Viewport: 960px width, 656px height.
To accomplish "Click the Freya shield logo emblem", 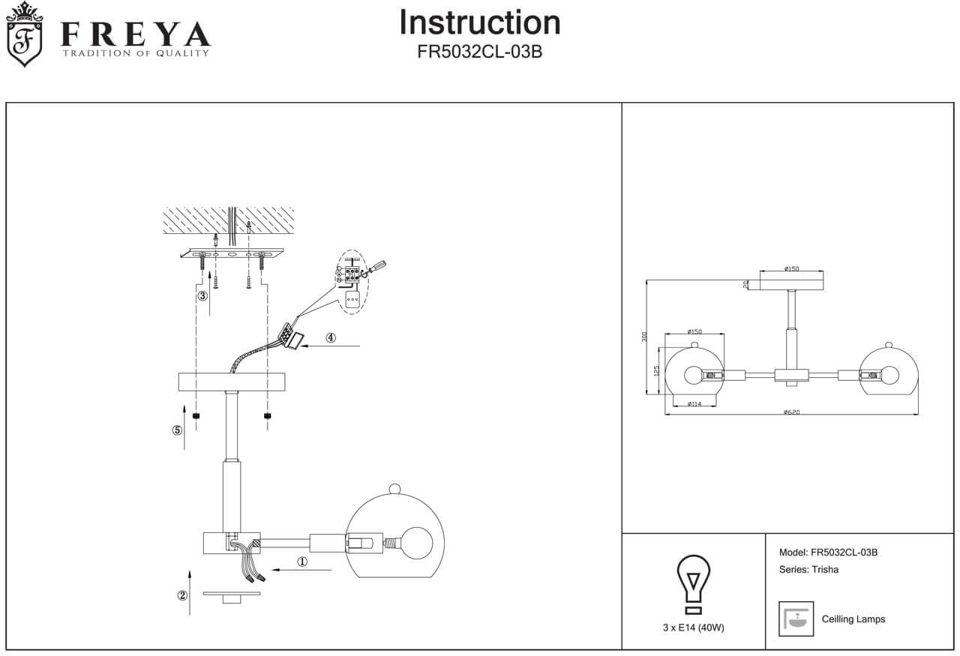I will [24, 34].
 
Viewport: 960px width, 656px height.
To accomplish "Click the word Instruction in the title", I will [479, 22].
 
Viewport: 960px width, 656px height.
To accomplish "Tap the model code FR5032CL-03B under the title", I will [479, 53].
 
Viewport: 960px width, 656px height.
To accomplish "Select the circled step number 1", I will [302, 561].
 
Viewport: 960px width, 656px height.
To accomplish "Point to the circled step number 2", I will [182, 596].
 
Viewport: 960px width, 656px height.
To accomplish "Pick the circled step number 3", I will [202, 296].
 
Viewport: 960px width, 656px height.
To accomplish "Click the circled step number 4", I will [331, 337].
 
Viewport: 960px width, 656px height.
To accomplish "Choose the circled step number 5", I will [177, 430].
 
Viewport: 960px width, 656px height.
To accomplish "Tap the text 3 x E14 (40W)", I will [693, 628].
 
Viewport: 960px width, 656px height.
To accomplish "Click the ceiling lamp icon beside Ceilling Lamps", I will [796, 619].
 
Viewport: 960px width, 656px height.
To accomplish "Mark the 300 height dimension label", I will [644, 337].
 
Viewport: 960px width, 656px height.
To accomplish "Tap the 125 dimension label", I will [655, 371].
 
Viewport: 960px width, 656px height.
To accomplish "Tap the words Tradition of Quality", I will [135, 53].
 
